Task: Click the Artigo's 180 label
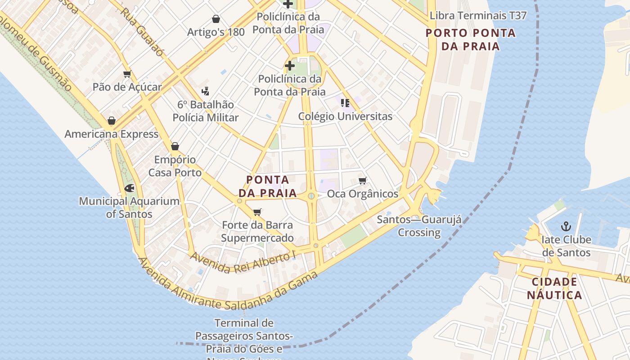216,32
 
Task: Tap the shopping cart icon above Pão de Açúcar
127,74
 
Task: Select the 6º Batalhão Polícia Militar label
206,111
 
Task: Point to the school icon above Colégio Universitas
345,103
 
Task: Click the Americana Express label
112,134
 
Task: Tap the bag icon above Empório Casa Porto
175,146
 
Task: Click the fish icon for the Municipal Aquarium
129,188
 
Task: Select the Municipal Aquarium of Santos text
129,207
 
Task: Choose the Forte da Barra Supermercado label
257,231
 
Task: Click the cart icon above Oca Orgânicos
362,181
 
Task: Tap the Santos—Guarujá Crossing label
419,226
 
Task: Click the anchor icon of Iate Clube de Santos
566,226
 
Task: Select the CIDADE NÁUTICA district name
554,288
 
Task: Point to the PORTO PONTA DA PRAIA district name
471,40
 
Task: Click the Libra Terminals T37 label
478,16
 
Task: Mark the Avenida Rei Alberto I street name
243,262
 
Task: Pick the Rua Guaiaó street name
142,31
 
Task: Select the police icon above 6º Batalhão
206,91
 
